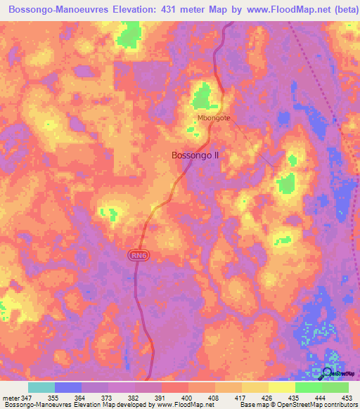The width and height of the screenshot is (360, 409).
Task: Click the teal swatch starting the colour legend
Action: point(41,387)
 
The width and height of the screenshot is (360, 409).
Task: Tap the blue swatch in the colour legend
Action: point(68,387)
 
